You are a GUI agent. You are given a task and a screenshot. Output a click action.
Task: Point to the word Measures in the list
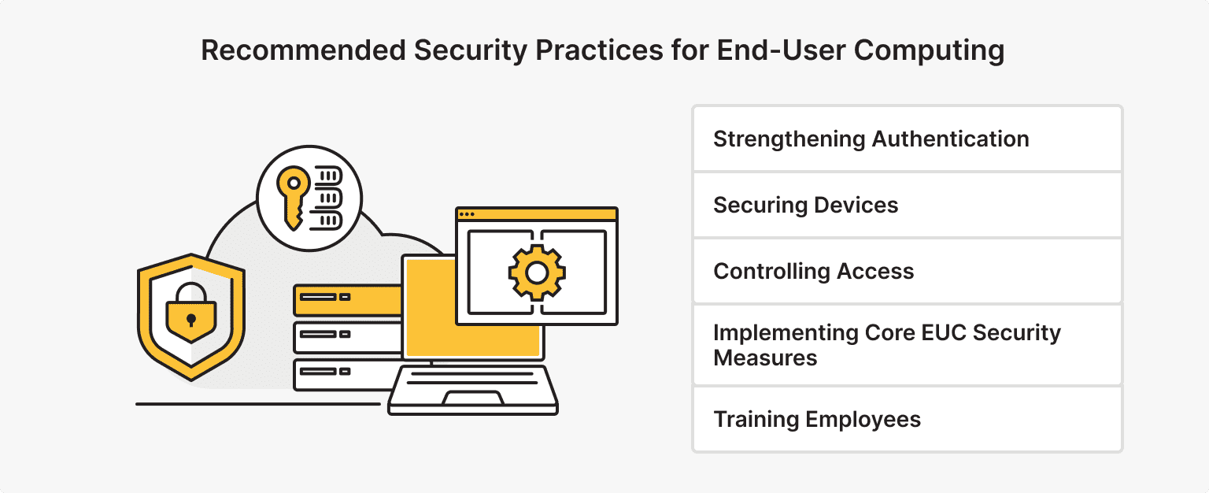(x=765, y=358)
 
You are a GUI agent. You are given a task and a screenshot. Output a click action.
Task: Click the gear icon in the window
(x=537, y=272)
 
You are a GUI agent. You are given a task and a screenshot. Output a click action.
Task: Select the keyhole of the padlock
(x=190, y=320)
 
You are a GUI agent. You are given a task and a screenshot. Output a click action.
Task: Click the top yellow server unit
(x=346, y=298)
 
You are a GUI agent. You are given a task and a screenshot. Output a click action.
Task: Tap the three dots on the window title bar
(x=467, y=213)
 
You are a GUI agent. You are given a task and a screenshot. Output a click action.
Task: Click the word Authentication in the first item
(x=949, y=139)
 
